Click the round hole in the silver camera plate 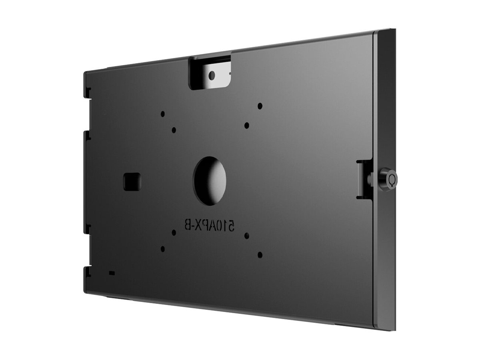[212, 75]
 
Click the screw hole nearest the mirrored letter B [174, 232]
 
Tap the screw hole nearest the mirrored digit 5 [247, 236]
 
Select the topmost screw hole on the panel [260, 106]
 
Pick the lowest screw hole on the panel [260, 254]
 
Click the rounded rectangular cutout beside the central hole [132, 181]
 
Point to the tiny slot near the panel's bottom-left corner [111, 273]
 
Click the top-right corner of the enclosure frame [394, 30]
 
